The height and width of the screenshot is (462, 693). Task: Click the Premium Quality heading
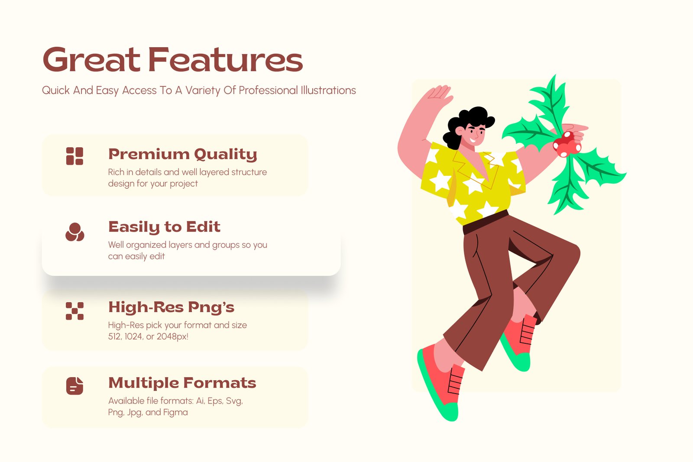[x=182, y=154]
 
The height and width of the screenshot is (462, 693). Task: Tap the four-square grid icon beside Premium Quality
[x=74, y=156]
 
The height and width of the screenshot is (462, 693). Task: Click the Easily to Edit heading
[x=164, y=227]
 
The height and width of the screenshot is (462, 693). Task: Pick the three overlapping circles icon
[x=74, y=232]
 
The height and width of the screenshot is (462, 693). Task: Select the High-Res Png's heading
[x=171, y=307]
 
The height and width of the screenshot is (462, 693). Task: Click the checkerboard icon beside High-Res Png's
[x=74, y=311]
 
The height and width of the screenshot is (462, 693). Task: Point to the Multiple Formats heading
[x=182, y=383]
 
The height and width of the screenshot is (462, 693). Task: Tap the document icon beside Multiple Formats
[x=74, y=386]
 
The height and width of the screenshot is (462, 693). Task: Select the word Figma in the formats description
[x=175, y=412]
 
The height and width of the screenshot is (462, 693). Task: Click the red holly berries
[x=567, y=144]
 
